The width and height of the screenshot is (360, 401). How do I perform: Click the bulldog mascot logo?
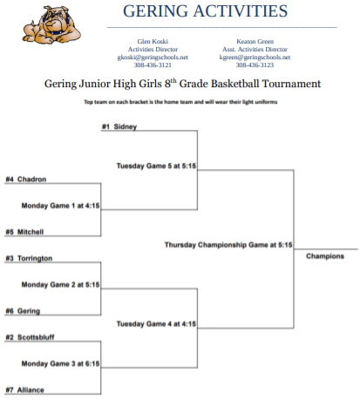(51, 24)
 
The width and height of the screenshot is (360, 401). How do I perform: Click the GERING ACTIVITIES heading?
(205, 11)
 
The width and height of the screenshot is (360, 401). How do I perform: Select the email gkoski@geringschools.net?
(153, 58)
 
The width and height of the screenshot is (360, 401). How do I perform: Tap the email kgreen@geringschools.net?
(255, 58)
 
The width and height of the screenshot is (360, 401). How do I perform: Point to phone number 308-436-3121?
(153, 65)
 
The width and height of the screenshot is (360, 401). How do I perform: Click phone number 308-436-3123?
(255, 65)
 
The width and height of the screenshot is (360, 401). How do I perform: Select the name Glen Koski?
(153, 42)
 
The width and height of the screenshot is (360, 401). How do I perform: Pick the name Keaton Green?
(255, 42)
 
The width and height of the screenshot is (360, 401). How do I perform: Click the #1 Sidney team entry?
(119, 126)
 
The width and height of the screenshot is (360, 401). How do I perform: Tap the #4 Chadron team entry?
(26, 180)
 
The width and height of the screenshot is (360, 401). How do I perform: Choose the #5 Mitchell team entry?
(24, 232)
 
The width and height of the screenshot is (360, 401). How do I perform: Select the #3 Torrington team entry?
(29, 258)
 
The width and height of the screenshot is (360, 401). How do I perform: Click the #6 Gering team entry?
(23, 311)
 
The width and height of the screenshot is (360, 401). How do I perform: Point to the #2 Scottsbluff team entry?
(30, 337)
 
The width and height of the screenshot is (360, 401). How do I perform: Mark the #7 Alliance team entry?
(24, 390)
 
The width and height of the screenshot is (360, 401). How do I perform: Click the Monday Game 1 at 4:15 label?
(60, 206)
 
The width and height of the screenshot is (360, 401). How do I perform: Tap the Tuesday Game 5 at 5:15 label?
(156, 166)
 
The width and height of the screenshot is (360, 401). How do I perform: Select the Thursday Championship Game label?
(228, 245)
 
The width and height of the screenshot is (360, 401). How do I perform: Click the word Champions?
(325, 256)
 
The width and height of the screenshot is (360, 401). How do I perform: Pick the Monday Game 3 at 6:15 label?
(60, 364)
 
